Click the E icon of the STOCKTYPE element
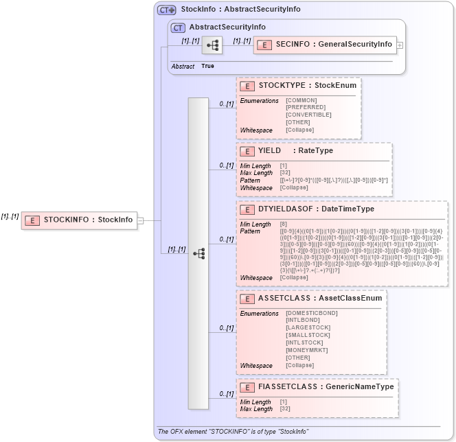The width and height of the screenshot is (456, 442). click(x=247, y=86)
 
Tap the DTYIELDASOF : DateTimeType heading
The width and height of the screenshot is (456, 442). click(x=316, y=209)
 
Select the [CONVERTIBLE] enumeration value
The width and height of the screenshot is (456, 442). click(x=308, y=115)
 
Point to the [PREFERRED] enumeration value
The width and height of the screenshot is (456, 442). click(x=306, y=107)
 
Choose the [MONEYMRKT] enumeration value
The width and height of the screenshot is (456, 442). click(x=307, y=350)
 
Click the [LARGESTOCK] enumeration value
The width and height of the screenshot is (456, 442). click(x=308, y=327)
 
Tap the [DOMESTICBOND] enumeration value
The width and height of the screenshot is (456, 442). click(x=311, y=313)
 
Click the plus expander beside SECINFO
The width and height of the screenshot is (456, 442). click(x=400, y=45)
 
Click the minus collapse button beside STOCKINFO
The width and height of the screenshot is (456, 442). click(x=140, y=220)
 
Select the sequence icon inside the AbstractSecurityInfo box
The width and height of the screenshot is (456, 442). click(x=212, y=45)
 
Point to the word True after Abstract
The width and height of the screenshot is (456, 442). click(x=207, y=66)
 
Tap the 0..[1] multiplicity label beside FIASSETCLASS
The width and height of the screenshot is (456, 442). click(x=227, y=394)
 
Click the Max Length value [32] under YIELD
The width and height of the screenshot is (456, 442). click(x=285, y=173)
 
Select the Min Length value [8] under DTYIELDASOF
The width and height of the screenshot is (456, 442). click(x=284, y=224)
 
